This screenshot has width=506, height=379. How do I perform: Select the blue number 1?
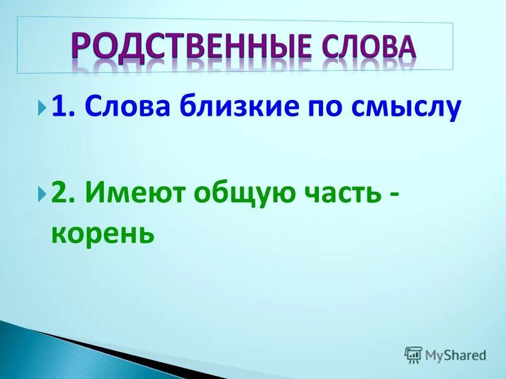click(58, 108)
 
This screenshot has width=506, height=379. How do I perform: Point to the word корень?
click(103, 232)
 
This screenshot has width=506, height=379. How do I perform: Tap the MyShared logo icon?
click(413, 355)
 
